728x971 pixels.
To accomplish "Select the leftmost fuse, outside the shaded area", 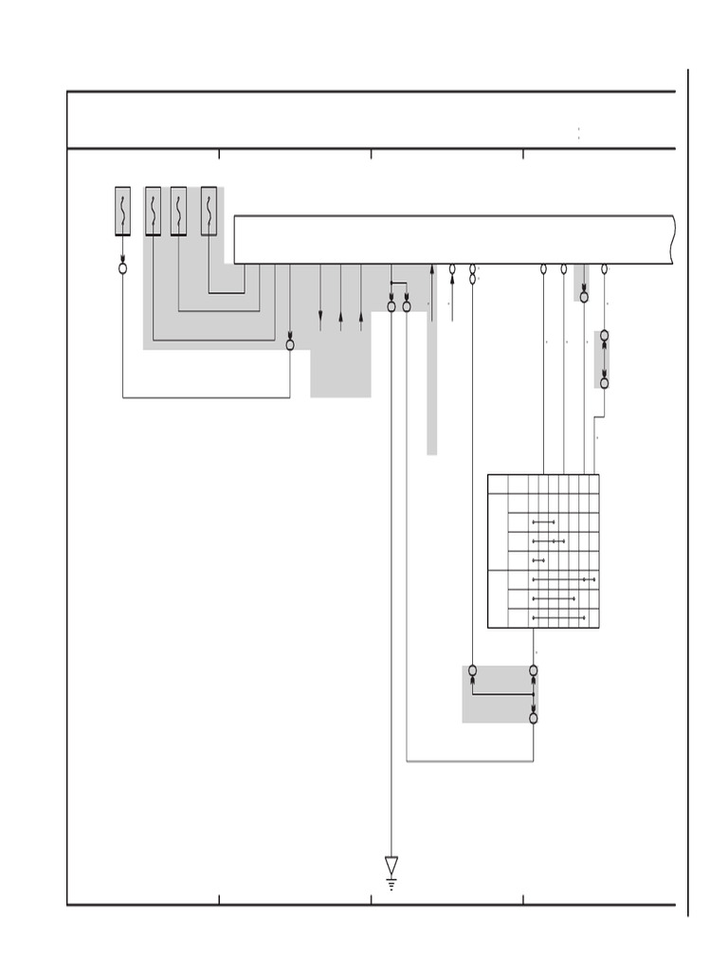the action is click(x=122, y=211).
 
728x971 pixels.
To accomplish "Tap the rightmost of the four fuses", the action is click(x=209, y=211).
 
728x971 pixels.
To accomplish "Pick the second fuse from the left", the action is click(x=153, y=211).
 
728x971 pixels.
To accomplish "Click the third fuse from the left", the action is click(x=178, y=211).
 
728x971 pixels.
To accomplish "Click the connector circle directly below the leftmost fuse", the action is click(x=122, y=268).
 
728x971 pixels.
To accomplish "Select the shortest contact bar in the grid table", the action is click(x=538, y=561).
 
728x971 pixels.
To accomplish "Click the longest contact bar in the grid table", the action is click(x=564, y=579).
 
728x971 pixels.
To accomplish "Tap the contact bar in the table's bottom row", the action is click(x=555, y=618).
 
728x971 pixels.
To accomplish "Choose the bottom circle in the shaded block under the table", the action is click(x=534, y=718).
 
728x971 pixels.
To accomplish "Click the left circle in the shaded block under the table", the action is click(x=472, y=670).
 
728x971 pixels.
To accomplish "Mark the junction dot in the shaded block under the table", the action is click(x=534, y=694).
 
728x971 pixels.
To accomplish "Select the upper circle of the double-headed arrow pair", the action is click(x=604, y=336).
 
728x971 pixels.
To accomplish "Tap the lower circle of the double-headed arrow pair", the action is click(x=604, y=383).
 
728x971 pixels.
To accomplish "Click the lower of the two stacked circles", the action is click(x=472, y=280).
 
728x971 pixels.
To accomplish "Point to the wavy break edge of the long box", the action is click(x=673, y=240).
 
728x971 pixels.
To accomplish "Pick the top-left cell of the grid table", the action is click(x=498, y=484).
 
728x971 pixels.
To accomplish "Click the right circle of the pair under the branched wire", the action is click(x=407, y=306).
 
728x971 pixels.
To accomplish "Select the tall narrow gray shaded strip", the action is click(x=431, y=379).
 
